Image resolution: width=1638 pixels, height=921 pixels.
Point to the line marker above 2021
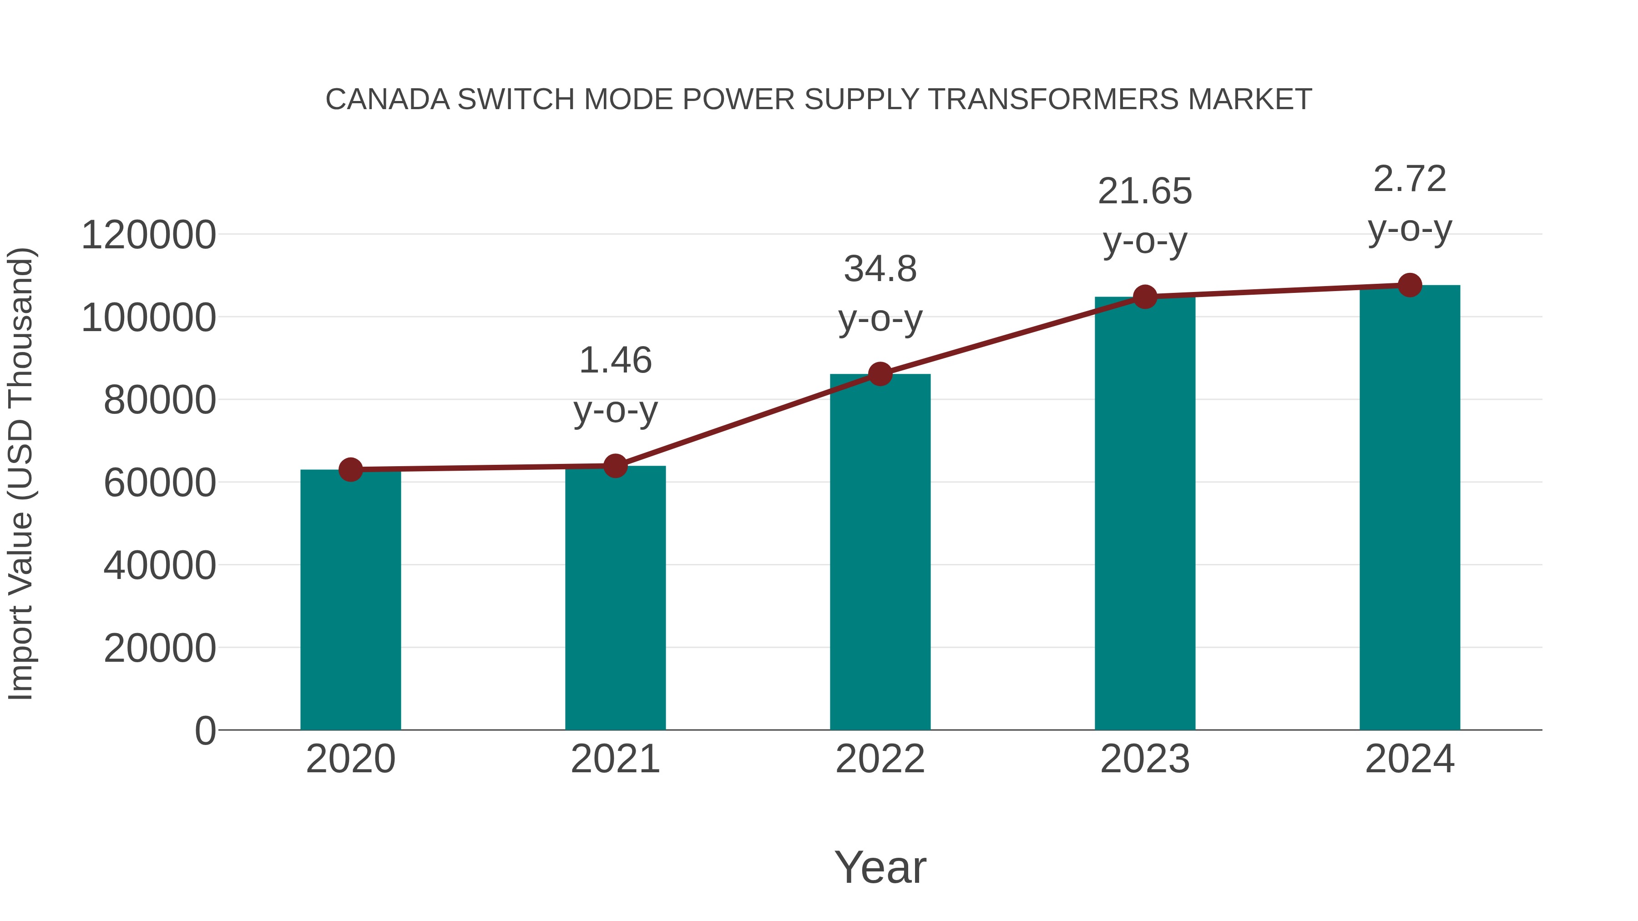pyautogui.click(x=615, y=466)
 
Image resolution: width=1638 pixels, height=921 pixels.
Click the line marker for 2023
pyautogui.click(x=1145, y=297)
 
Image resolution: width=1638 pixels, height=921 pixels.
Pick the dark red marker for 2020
pyautogui.click(x=350, y=470)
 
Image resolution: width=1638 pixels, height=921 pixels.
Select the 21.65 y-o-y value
pyautogui.click(x=1145, y=191)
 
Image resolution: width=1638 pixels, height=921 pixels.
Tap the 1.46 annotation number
pyautogui.click(x=615, y=360)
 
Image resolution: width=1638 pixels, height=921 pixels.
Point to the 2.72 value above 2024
pyautogui.click(x=1410, y=179)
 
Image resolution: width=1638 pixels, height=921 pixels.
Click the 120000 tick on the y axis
pyautogui.click(x=148, y=235)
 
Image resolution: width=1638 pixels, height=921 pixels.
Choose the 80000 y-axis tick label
pyautogui.click(x=159, y=400)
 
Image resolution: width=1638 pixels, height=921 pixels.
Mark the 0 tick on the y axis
pyautogui.click(x=205, y=730)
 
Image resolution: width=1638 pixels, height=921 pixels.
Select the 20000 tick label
pyautogui.click(x=159, y=648)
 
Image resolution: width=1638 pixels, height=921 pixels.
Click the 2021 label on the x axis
pyautogui.click(x=615, y=759)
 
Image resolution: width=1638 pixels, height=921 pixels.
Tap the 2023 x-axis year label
pyautogui.click(x=1145, y=759)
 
